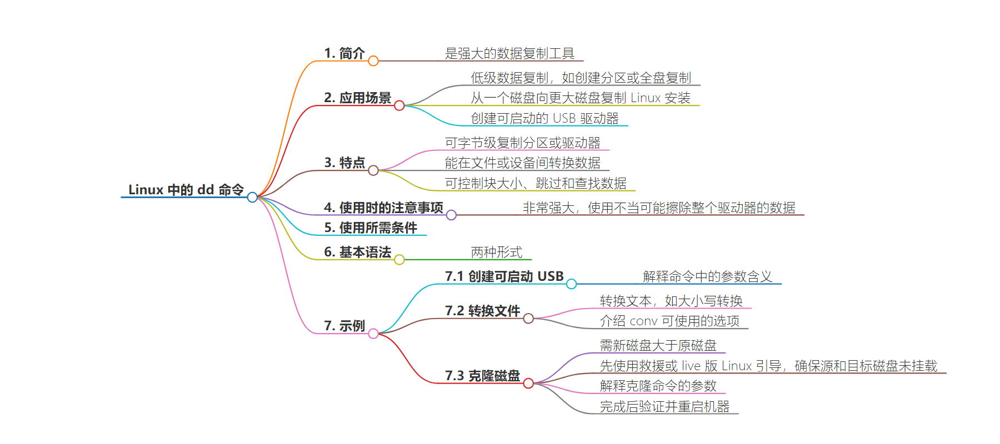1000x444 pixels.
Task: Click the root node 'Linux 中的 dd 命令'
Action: pos(186,190)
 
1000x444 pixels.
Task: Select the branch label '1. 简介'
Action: pos(344,53)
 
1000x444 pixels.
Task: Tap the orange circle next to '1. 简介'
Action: pos(373,61)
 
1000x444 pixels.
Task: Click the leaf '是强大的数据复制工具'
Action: pos(509,53)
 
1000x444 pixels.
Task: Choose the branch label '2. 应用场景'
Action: pos(358,98)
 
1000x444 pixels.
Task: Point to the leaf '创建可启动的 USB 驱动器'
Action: pos(544,118)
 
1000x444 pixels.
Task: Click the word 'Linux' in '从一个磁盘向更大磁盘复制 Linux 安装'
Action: pos(645,98)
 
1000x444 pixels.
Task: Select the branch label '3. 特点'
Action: pos(344,163)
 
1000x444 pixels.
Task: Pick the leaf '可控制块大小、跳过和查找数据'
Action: pos(536,183)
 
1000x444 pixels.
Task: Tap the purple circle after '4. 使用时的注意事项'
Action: pos(451,215)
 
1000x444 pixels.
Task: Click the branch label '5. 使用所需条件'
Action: pos(371,228)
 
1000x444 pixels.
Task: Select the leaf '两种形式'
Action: pos(497,252)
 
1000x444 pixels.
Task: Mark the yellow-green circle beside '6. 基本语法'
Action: pos(399,260)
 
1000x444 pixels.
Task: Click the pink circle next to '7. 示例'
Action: pos(373,334)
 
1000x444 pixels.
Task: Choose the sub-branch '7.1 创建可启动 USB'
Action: pos(504,276)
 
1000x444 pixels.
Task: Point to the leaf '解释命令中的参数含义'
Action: pos(707,276)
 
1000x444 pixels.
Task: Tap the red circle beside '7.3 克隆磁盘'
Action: pos(528,384)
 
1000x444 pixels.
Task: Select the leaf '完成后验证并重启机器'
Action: pos(664,406)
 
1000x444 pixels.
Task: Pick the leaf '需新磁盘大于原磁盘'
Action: pos(658,345)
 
